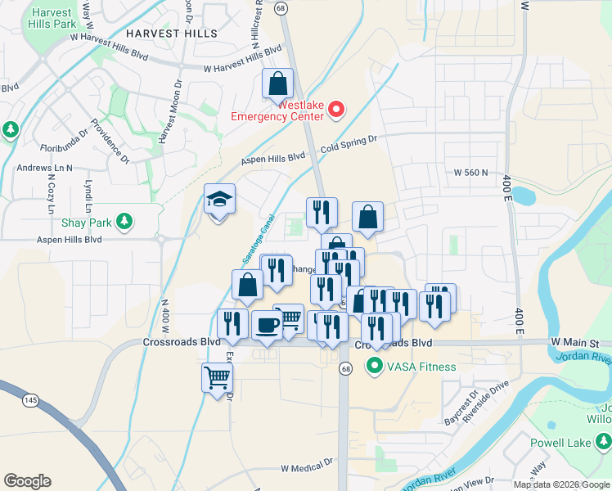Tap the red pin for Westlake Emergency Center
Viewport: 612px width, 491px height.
(x=336, y=109)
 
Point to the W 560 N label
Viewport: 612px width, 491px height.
(x=470, y=173)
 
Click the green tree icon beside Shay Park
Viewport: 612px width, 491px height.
(x=124, y=221)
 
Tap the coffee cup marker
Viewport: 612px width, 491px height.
(x=267, y=326)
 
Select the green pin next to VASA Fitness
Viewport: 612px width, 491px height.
(x=375, y=366)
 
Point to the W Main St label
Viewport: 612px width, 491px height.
(x=575, y=341)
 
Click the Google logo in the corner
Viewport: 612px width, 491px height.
(x=27, y=481)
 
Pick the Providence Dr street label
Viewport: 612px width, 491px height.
(x=110, y=140)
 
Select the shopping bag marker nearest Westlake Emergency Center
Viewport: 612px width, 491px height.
(x=277, y=84)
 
